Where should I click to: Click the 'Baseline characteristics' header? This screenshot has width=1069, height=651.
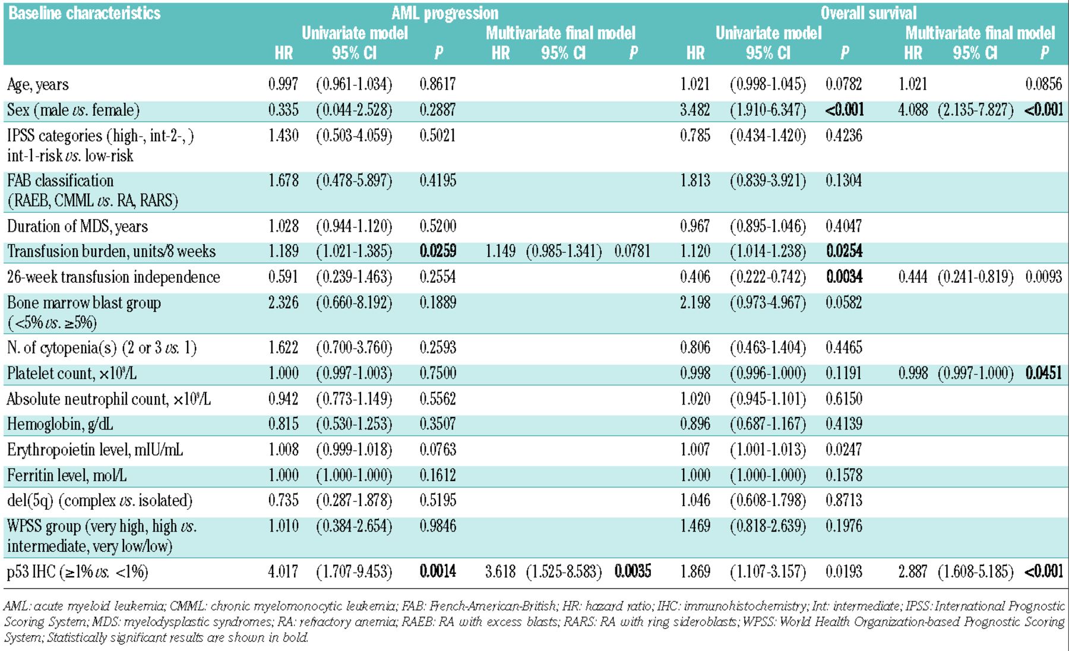(84, 13)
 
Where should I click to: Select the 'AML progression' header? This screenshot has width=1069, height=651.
(445, 13)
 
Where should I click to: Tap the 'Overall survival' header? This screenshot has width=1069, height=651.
(868, 13)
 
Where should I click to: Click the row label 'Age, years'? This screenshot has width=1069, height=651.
(38, 84)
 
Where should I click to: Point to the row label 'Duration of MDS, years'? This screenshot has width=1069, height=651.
(77, 226)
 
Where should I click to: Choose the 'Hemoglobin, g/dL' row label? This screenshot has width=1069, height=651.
(60, 424)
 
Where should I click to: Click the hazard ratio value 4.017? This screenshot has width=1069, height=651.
(283, 571)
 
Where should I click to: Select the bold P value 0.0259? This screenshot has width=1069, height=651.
(438, 251)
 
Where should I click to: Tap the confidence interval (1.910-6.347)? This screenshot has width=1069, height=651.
(768, 110)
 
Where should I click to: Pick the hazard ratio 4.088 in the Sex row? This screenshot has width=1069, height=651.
(913, 110)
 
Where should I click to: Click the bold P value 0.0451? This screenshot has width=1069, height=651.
(1043, 373)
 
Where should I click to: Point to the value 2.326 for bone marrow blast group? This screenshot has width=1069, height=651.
(283, 302)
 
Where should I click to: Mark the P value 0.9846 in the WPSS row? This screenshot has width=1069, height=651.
(438, 526)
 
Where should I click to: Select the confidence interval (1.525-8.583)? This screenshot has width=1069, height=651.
(564, 571)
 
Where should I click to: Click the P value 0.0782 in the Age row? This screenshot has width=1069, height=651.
(843, 84)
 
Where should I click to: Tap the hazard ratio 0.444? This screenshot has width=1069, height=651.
(913, 277)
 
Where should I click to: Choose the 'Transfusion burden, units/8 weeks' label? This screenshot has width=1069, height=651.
(111, 251)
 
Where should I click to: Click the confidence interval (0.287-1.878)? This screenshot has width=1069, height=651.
(354, 500)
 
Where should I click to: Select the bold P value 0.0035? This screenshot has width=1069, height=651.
(632, 571)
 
